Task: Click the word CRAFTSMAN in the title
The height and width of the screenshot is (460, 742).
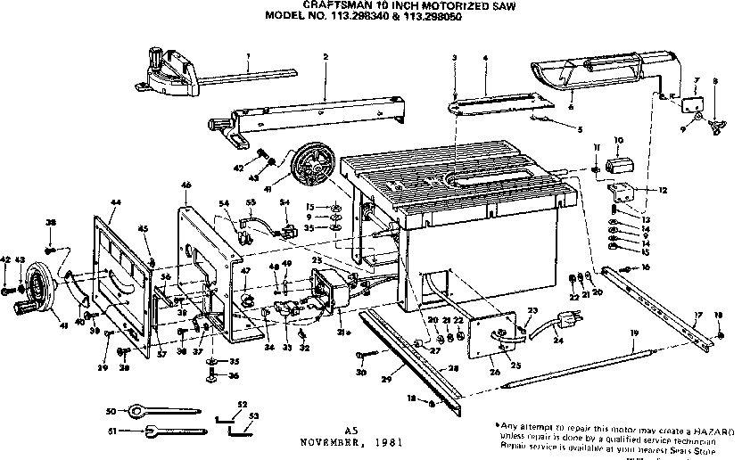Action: tap(332, 4)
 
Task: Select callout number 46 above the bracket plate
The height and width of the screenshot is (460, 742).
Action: tap(186, 185)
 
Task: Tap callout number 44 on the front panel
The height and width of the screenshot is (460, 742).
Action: tap(116, 203)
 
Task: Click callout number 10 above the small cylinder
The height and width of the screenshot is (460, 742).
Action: tap(619, 140)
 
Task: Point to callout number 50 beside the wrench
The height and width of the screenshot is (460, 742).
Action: tap(111, 410)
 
